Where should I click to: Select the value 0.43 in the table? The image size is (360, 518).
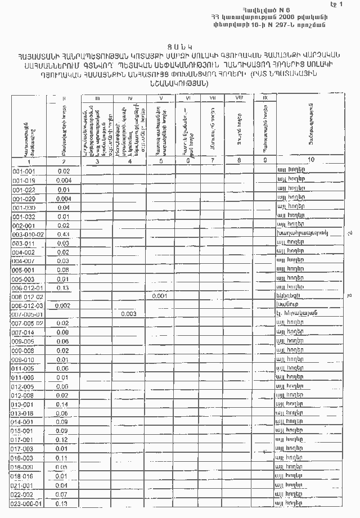[x=63, y=234]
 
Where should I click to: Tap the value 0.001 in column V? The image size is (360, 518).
[x=160, y=295]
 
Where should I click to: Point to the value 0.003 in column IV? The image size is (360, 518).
[x=129, y=314]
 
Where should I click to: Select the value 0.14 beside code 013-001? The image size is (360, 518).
[x=62, y=404]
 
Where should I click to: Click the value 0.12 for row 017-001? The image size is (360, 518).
[x=62, y=440]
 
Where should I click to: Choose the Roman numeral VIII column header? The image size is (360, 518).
[x=239, y=98]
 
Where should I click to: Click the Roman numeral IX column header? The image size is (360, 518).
[x=265, y=98]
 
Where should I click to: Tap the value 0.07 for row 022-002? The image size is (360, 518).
[x=62, y=494]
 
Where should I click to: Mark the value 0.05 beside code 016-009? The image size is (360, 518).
[x=62, y=467]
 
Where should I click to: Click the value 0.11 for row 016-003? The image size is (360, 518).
[x=62, y=458]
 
